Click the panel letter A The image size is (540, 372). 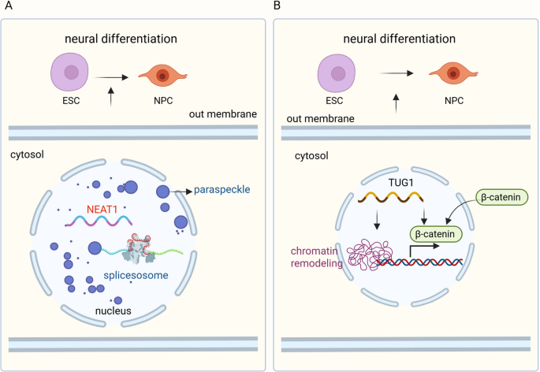[7, 6]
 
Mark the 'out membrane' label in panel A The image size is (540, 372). [222, 114]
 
